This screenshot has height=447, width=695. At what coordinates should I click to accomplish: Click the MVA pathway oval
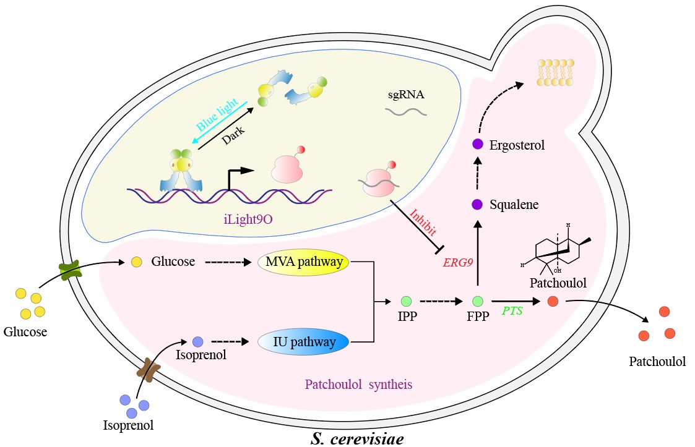304,262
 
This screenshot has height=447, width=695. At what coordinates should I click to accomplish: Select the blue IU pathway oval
303,341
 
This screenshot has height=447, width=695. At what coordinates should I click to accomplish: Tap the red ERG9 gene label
458,262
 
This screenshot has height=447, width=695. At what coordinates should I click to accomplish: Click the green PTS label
512,310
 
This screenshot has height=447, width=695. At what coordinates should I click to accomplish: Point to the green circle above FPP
478,301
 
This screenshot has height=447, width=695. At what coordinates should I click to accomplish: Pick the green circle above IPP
406,301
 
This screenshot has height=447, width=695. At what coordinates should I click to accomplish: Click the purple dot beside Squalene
477,204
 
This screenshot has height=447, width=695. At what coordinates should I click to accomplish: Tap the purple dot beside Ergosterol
477,144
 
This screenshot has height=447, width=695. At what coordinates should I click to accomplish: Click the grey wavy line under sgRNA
405,112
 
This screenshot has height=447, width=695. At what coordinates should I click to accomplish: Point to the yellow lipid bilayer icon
555,72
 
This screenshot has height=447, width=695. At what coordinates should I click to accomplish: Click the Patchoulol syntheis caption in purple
358,384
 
